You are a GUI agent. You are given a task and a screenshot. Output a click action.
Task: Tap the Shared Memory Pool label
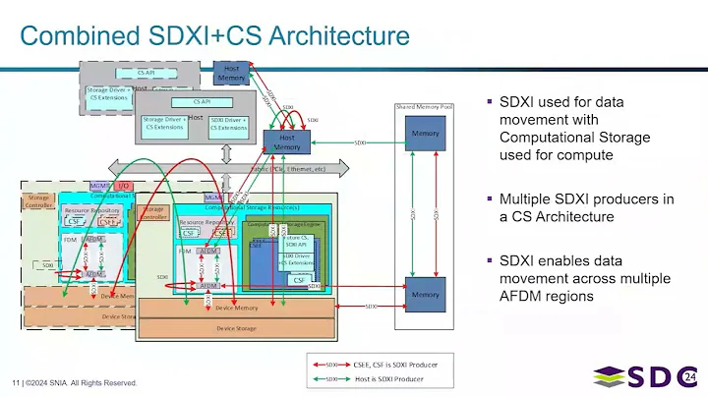tap(425, 105)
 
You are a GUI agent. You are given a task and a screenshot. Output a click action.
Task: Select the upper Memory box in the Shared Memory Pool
tap(426, 135)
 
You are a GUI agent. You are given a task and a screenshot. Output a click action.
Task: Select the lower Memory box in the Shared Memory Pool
tap(426, 294)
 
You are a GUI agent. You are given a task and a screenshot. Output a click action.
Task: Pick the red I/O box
tap(124, 185)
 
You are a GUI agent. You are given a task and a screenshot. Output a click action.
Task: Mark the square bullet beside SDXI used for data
tap(490, 103)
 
